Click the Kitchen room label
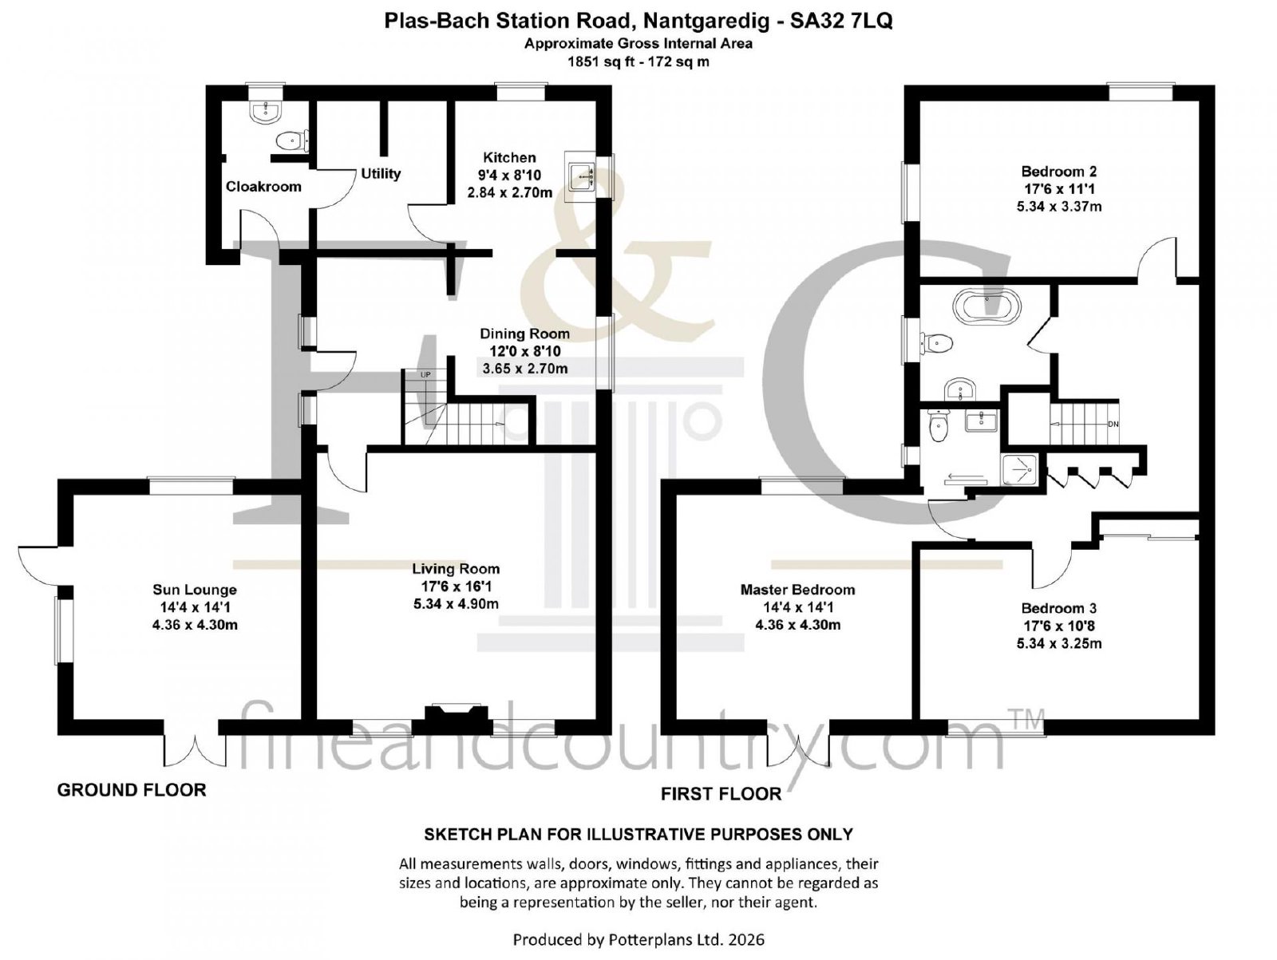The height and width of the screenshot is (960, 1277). (x=509, y=157)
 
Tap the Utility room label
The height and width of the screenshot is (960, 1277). (x=381, y=174)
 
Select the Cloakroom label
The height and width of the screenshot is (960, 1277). (x=263, y=187)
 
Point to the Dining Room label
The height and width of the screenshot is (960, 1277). (x=524, y=334)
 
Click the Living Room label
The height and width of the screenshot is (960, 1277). (x=456, y=569)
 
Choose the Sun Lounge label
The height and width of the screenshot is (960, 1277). (x=194, y=590)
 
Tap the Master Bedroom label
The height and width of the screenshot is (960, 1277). (x=797, y=590)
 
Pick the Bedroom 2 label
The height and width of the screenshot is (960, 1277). (x=1059, y=172)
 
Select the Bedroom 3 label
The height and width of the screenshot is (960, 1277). (x=1059, y=608)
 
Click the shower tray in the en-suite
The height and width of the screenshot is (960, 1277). (x=1018, y=470)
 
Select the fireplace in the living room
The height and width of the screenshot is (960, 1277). (x=452, y=719)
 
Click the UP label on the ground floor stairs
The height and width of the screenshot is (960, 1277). (x=425, y=375)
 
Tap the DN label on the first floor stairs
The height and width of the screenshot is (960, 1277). (x=1113, y=425)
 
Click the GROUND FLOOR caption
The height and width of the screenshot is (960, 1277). (x=132, y=790)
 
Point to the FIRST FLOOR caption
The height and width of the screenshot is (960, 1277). (x=721, y=794)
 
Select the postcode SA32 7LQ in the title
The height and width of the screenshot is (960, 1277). (x=840, y=21)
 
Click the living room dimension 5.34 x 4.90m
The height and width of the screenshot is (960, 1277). (x=456, y=604)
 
